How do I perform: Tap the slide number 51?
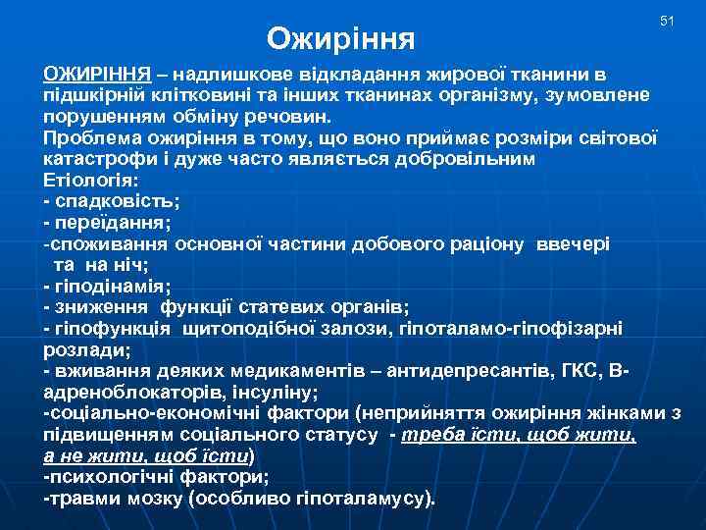668,21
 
